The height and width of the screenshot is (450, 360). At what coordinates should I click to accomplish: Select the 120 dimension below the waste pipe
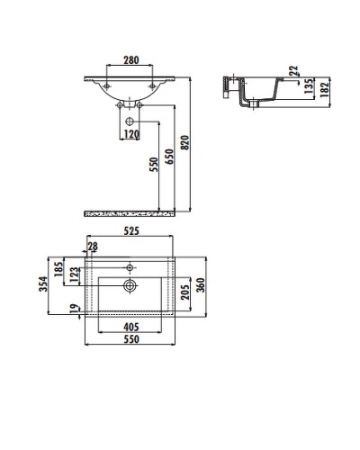tap(131, 135)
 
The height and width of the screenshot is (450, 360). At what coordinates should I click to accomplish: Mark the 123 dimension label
tap(74, 274)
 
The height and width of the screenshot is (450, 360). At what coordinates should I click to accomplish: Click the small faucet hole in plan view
tap(131, 266)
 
